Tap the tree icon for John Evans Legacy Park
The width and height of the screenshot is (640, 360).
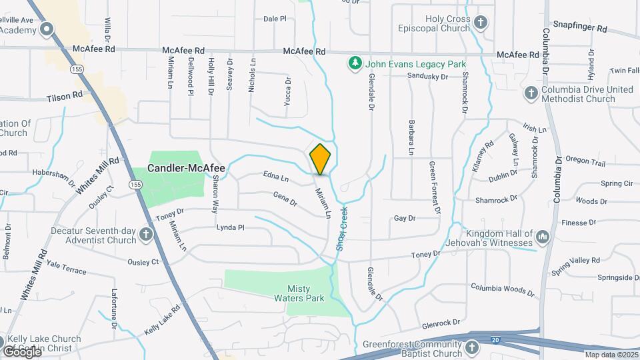pos(355,64)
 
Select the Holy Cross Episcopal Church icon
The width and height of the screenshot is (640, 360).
pos(481,23)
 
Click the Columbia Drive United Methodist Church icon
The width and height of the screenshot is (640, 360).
pos(531,93)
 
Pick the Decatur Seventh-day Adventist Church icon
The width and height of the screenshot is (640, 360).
pos(146,235)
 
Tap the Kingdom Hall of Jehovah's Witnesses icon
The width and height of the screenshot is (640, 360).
pos(543,236)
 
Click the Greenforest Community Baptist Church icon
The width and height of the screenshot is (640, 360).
pos(472,347)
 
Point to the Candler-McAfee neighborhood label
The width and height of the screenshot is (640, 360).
pos(186,168)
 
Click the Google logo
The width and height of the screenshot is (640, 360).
pos(21,351)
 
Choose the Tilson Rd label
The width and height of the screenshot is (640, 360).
pos(64,96)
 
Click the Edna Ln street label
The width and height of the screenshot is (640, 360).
pos(276,179)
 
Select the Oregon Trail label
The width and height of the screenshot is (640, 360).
pos(585,161)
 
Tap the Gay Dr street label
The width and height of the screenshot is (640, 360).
pos(405,218)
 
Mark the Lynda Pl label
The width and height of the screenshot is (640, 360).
pos(230,227)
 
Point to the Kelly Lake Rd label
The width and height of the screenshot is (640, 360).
pos(162,320)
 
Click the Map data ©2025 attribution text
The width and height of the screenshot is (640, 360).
pos(611,355)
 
